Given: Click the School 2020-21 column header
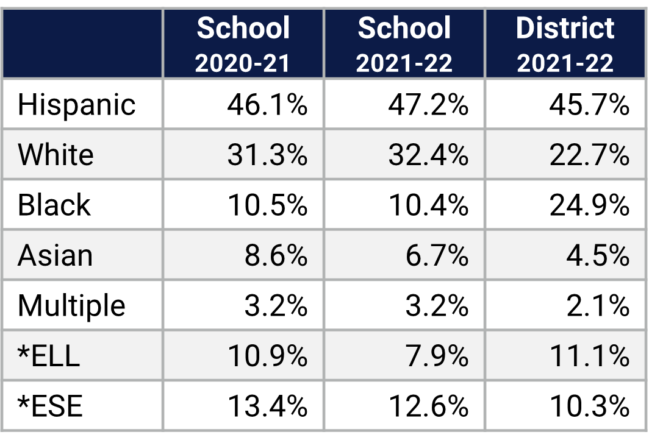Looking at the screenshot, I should tap(243, 44).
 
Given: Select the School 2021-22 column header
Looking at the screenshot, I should tap(404, 44).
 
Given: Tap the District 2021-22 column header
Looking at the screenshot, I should tap(565, 44).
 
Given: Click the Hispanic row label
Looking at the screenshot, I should tap(76, 105).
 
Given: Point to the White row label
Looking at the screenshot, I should tap(56, 155).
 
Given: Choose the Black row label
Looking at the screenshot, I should tap(54, 205).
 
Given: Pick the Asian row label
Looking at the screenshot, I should tap(55, 255).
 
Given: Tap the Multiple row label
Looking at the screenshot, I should tap(71, 305).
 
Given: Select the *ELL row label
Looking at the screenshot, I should tap(49, 356).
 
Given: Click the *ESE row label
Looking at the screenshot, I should tap(50, 406).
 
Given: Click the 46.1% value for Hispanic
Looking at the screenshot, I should tap(267, 105).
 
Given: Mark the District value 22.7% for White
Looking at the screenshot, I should tap(589, 155).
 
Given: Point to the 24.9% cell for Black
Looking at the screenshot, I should tap(589, 205).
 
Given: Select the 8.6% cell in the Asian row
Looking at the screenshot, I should tap(276, 255).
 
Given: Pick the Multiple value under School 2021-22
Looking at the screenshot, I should tap(437, 305).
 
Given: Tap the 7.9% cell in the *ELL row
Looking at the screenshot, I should tap(437, 356).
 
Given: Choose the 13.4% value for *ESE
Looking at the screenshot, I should tap(267, 406).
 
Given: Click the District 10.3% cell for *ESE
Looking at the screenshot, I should tap(589, 406).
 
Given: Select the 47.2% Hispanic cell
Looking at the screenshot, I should tap(428, 105).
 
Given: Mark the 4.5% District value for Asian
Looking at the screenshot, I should tap(598, 255).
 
